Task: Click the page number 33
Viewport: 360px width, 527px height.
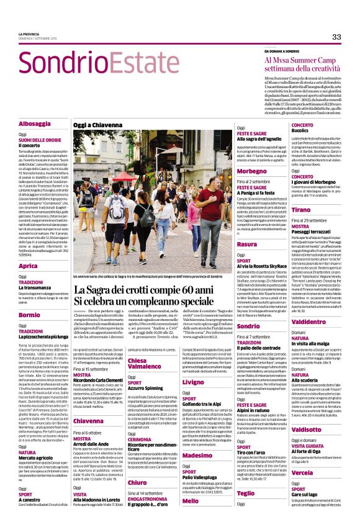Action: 336,37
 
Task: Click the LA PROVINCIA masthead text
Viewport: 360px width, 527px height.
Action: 29,34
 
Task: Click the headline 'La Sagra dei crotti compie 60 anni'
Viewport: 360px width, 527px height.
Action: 143,291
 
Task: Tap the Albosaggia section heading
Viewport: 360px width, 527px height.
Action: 34,124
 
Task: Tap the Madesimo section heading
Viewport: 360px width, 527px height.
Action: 196,456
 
